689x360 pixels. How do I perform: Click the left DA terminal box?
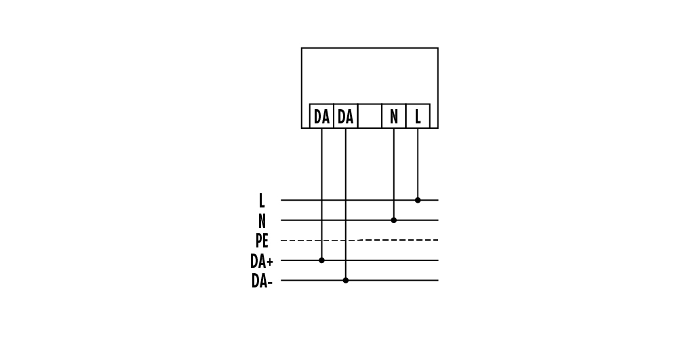click(321, 116)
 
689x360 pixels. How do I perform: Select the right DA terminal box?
click(346, 116)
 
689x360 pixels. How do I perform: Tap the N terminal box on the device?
click(394, 116)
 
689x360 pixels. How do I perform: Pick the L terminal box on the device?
click(418, 116)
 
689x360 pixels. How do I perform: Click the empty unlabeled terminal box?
click(370, 116)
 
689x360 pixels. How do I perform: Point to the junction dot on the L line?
click(418, 200)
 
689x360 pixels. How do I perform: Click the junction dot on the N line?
click(394, 220)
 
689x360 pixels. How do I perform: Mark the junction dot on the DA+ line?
click(321, 260)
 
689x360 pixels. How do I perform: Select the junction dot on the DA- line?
click(346, 281)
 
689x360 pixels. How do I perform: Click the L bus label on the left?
click(262, 201)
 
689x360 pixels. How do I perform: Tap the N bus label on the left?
click(262, 220)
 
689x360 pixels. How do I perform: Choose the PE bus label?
click(262, 241)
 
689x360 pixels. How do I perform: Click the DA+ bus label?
click(262, 261)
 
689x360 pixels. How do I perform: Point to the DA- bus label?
click(262, 281)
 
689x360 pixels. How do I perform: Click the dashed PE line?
click(359, 240)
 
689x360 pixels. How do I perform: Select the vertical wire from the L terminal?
click(418, 164)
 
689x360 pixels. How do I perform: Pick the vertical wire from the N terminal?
click(394, 174)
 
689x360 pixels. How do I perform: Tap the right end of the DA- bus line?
click(438, 281)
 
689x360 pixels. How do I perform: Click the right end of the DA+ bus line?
click(438, 260)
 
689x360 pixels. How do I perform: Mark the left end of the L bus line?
click(281, 200)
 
